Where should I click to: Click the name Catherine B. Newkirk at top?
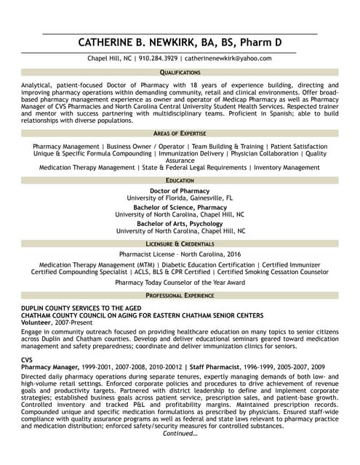(180, 42)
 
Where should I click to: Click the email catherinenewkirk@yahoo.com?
(228, 58)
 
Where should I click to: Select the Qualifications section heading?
(180, 73)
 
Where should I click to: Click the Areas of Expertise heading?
(180, 134)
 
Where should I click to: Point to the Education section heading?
(180, 179)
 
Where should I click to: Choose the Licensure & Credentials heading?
(180, 243)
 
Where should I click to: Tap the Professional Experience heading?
(180, 296)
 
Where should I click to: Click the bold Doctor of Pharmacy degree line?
(180, 190)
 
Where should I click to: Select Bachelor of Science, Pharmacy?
(180, 207)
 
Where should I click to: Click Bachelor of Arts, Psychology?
(180, 224)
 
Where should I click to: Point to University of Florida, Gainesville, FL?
(180, 198)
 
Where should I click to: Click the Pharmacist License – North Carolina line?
(180, 255)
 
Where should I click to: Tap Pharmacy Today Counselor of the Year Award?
(180, 282)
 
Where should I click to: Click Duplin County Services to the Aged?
(87, 309)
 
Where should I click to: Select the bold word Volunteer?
(36, 322)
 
